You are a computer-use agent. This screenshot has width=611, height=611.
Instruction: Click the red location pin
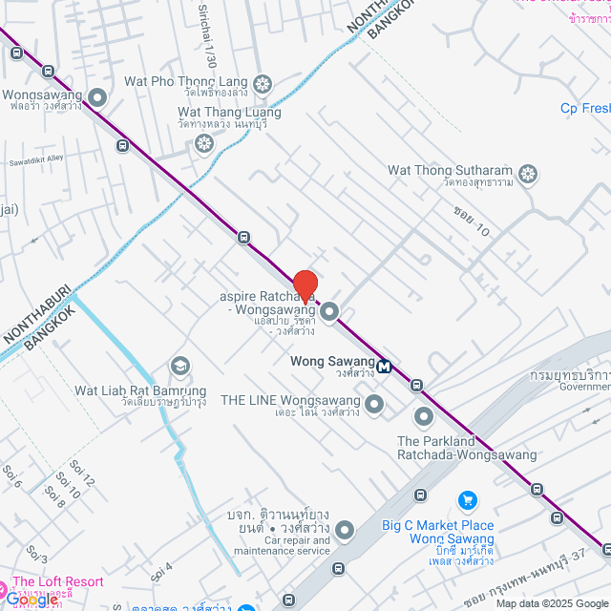(x=305, y=285)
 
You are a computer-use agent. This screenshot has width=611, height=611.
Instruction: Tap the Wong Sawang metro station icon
(x=384, y=366)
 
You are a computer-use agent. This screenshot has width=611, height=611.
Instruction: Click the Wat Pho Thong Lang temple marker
(x=263, y=83)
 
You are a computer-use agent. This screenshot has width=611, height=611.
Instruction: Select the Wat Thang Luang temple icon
(x=202, y=144)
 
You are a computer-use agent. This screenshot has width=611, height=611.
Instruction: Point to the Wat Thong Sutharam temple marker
(x=527, y=174)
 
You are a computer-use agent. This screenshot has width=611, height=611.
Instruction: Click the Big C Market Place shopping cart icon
(x=467, y=499)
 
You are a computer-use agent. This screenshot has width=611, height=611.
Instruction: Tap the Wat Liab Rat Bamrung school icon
(x=179, y=366)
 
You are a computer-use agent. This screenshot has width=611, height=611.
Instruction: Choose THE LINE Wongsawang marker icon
(x=374, y=406)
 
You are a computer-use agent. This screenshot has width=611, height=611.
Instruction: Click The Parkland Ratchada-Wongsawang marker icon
(x=423, y=417)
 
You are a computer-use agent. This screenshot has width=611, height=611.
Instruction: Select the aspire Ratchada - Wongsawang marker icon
(x=330, y=310)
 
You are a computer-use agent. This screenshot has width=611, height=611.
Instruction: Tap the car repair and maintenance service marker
(x=344, y=529)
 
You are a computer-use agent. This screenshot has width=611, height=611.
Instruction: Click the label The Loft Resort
(x=58, y=581)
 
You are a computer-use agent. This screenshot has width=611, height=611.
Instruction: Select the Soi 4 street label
(x=161, y=570)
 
